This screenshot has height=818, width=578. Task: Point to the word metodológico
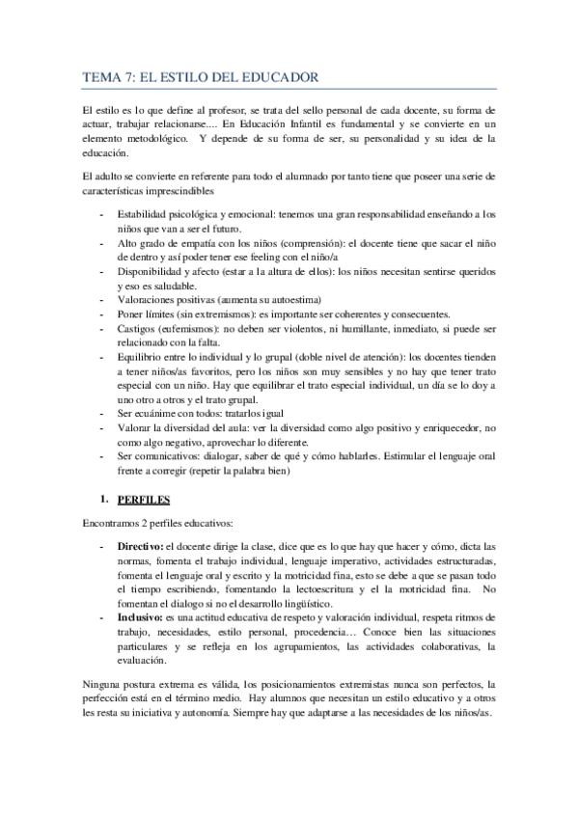point(146,139)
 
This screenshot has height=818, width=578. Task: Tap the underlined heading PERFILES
point(142,502)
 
